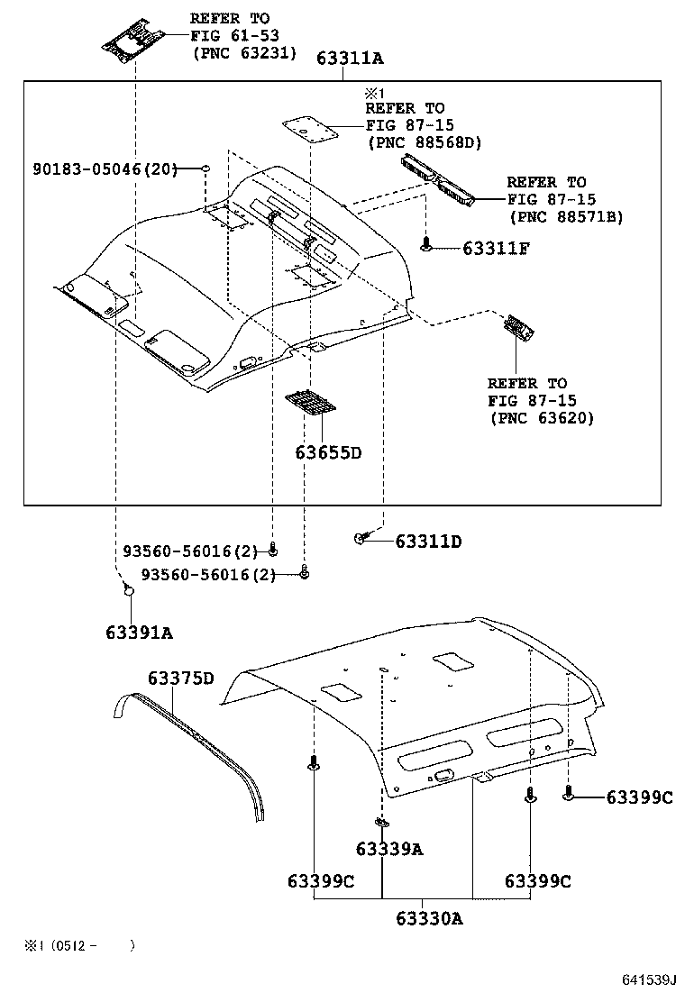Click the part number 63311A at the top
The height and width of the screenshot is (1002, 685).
[x=350, y=59]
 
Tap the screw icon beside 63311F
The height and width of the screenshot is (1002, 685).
[x=426, y=243]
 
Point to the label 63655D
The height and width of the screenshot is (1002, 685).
[x=327, y=452]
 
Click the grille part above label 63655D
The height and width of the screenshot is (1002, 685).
[x=310, y=402]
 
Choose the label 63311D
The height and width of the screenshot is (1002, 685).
[x=427, y=542]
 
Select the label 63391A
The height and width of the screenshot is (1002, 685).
[x=139, y=633]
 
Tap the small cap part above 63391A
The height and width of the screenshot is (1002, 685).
[x=128, y=589]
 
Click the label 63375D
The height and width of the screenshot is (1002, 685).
[x=181, y=678]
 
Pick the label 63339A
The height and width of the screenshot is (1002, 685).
[x=388, y=849]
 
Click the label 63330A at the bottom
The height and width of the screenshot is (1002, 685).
[x=429, y=918]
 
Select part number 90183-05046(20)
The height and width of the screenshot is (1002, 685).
[x=105, y=169]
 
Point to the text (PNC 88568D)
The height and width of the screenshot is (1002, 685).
[x=425, y=142]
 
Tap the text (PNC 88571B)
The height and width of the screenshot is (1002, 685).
[x=566, y=216]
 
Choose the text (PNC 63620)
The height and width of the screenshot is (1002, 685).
[x=542, y=418]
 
